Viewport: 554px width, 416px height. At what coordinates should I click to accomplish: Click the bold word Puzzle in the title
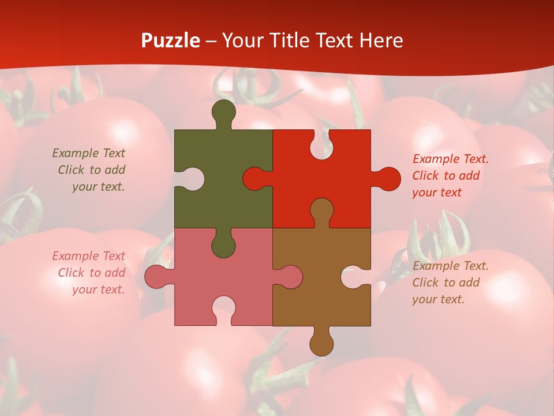click(x=171, y=40)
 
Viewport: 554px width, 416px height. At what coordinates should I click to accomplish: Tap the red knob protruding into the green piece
click(x=254, y=179)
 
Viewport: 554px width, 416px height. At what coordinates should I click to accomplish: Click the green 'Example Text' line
click(x=88, y=153)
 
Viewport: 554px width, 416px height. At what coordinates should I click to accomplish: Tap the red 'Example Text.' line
click(x=450, y=159)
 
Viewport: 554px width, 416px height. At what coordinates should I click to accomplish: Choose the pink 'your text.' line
click(x=98, y=289)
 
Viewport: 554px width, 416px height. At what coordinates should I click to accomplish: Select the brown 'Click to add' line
click(x=446, y=283)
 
